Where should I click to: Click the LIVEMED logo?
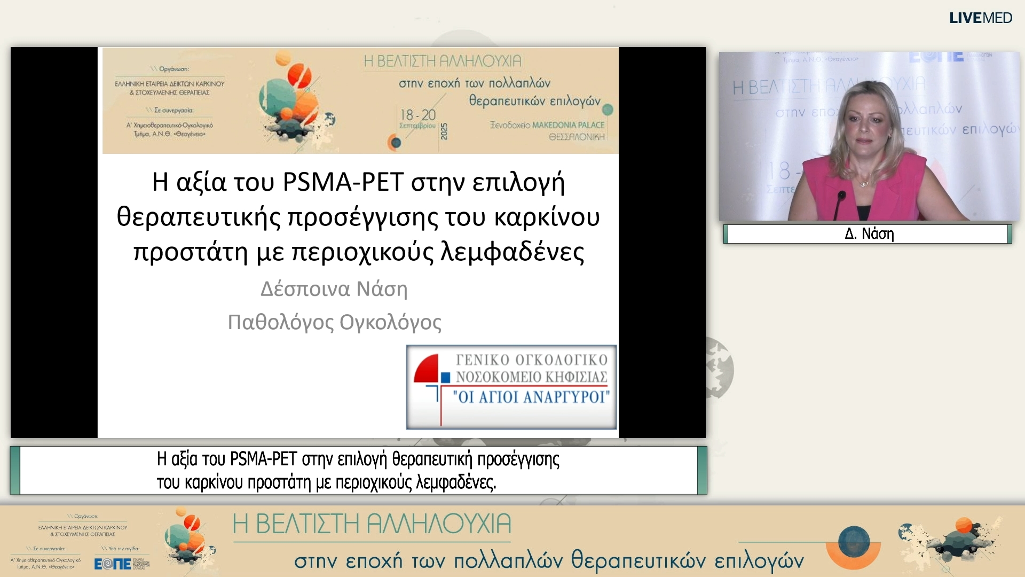coord(980,18)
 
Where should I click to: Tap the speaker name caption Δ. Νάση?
coord(869,234)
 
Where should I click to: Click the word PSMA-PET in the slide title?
coord(342,182)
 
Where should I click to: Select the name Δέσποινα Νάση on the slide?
coord(334,289)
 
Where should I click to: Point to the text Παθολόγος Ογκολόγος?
coord(334,323)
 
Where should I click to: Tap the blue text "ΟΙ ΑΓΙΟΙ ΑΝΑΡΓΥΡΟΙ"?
coord(531,397)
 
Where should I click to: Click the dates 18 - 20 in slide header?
coord(418,115)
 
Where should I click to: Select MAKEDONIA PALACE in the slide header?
coord(568,125)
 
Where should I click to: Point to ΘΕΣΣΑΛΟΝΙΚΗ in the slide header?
coord(577,137)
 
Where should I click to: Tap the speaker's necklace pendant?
coord(864,184)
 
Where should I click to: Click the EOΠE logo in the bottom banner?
coord(113,564)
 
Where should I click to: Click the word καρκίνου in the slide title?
coord(547,217)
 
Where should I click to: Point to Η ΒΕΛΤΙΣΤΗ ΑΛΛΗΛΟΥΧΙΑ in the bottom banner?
coord(372,524)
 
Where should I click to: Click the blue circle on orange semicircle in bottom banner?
coord(854,541)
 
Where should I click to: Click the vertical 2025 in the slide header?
coord(444,131)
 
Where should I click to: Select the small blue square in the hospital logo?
coord(445,378)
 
